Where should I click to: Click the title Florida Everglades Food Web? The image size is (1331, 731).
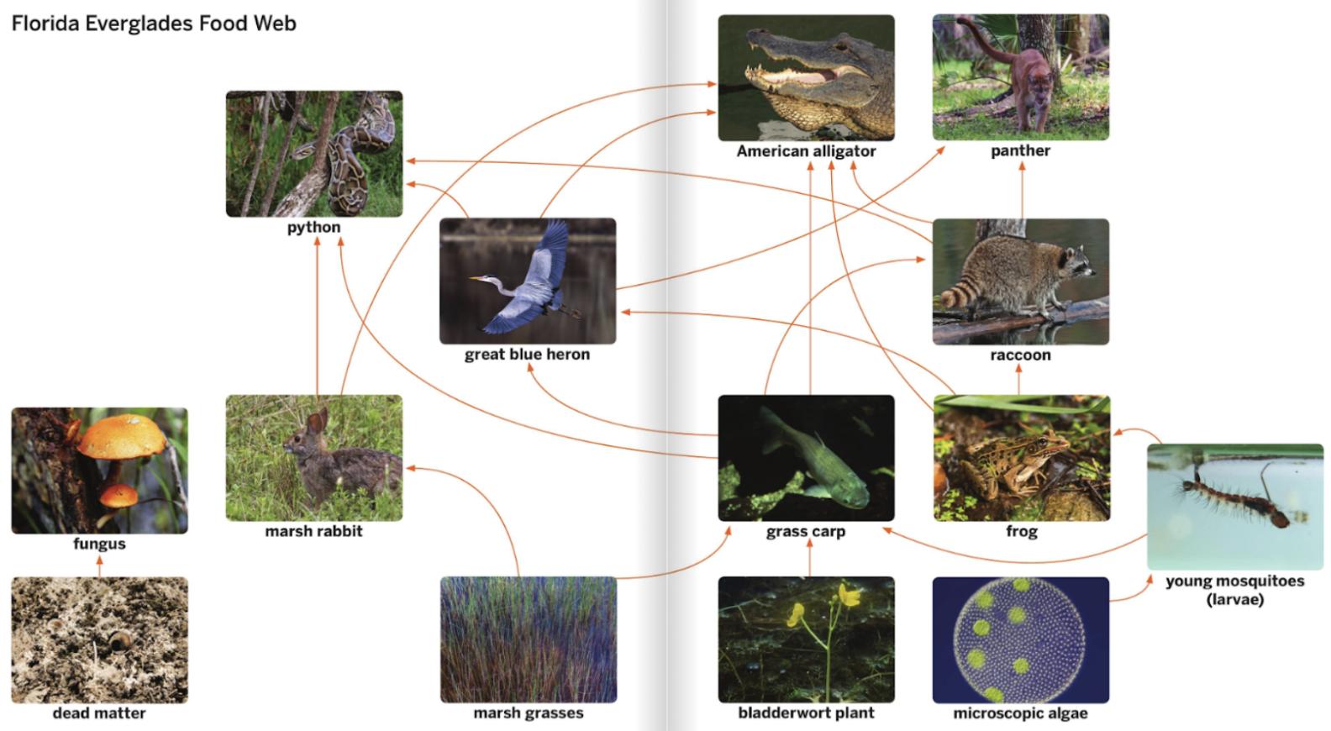154,24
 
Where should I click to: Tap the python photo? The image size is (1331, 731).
313,154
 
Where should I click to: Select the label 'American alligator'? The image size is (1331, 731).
806,151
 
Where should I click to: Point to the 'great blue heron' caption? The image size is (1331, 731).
527,355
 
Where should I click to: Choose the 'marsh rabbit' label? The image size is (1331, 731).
313,531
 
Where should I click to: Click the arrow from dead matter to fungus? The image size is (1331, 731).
99,566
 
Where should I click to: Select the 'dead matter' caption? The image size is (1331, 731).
99,713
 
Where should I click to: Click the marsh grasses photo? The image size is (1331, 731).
528,639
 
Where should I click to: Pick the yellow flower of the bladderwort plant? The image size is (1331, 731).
849,597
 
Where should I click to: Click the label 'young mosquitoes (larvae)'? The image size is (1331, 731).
1234,590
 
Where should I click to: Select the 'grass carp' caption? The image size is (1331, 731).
805,531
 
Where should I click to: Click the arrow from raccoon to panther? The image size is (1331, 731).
1022,191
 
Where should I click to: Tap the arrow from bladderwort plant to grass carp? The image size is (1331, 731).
809,557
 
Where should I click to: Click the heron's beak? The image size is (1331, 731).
481,279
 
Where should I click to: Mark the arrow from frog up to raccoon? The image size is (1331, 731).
1018,380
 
